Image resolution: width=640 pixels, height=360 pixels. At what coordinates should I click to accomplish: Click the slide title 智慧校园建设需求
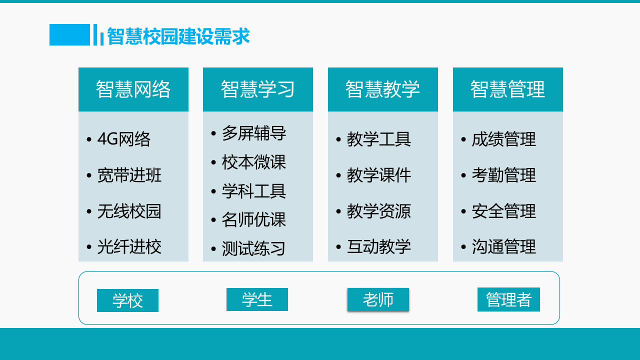click(178, 36)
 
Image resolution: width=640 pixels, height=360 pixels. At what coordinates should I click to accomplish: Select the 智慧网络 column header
click(133, 89)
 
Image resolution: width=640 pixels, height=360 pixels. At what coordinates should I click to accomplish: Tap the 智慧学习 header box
click(258, 89)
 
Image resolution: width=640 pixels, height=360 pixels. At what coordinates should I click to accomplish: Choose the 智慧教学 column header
click(383, 89)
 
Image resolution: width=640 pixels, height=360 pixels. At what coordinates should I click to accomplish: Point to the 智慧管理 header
click(508, 89)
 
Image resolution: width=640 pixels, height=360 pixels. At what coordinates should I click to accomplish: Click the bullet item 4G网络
click(123, 139)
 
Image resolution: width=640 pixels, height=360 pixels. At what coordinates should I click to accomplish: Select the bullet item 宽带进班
click(129, 175)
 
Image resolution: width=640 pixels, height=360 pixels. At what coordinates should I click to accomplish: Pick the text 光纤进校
click(129, 247)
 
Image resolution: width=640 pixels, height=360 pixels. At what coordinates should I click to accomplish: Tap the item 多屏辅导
click(254, 133)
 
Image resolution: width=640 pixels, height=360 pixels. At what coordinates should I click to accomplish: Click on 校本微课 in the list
click(254, 162)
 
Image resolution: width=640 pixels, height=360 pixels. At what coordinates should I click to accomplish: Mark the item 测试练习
click(254, 248)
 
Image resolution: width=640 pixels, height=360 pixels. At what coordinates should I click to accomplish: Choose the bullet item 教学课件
click(379, 175)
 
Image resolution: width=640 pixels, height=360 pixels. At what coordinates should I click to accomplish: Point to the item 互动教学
click(379, 247)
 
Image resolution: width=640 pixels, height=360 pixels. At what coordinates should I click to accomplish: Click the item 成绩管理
click(504, 139)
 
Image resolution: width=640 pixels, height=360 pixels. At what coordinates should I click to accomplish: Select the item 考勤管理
click(504, 175)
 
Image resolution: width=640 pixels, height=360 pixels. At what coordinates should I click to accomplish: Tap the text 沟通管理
click(504, 247)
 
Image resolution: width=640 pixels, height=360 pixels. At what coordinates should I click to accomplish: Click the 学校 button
click(127, 300)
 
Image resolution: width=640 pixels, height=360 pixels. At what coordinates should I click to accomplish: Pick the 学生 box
click(257, 299)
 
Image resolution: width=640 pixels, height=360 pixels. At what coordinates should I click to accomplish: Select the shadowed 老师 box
click(378, 299)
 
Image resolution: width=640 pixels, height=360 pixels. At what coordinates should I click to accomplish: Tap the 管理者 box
click(508, 299)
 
